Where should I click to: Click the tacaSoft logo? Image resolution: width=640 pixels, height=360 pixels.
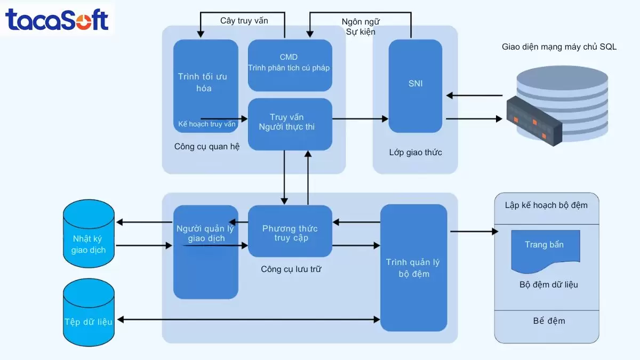click(x=57, y=20)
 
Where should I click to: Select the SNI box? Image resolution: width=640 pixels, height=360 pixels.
click(x=415, y=85)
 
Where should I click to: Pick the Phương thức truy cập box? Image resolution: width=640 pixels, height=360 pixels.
click(x=290, y=233)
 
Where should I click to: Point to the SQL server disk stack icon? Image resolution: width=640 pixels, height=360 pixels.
click(x=555, y=107)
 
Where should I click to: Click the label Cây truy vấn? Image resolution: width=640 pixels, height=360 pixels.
click(x=244, y=21)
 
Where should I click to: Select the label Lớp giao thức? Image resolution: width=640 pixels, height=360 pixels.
click(x=415, y=153)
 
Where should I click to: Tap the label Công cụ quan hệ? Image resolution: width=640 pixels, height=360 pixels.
click(x=206, y=146)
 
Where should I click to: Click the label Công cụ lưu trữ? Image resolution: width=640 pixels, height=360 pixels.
click(x=291, y=269)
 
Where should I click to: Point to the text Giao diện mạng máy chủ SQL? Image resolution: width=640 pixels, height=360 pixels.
click(x=559, y=47)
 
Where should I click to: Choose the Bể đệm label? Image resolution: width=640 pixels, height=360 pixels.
click(x=549, y=321)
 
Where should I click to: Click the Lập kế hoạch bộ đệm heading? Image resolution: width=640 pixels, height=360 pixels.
click(x=546, y=205)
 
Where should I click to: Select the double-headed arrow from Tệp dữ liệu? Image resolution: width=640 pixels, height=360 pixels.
click(x=249, y=319)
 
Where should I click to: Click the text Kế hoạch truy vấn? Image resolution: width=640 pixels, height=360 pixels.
click(x=206, y=124)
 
